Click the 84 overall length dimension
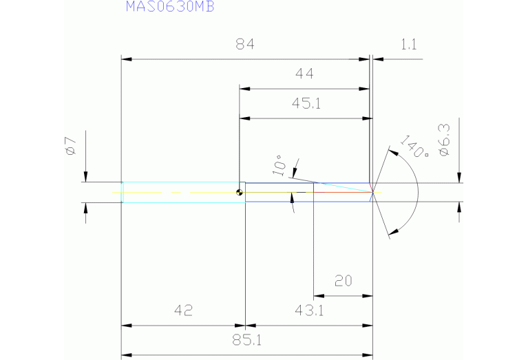point(245,45)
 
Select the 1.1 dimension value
point(408,45)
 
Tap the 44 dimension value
point(305,74)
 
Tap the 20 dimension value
point(344,281)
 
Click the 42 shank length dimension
point(182,310)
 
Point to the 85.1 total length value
point(246,339)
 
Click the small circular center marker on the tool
point(239,192)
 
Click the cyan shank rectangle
point(183,192)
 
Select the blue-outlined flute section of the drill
point(307,193)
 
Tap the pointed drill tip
point(372,192)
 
